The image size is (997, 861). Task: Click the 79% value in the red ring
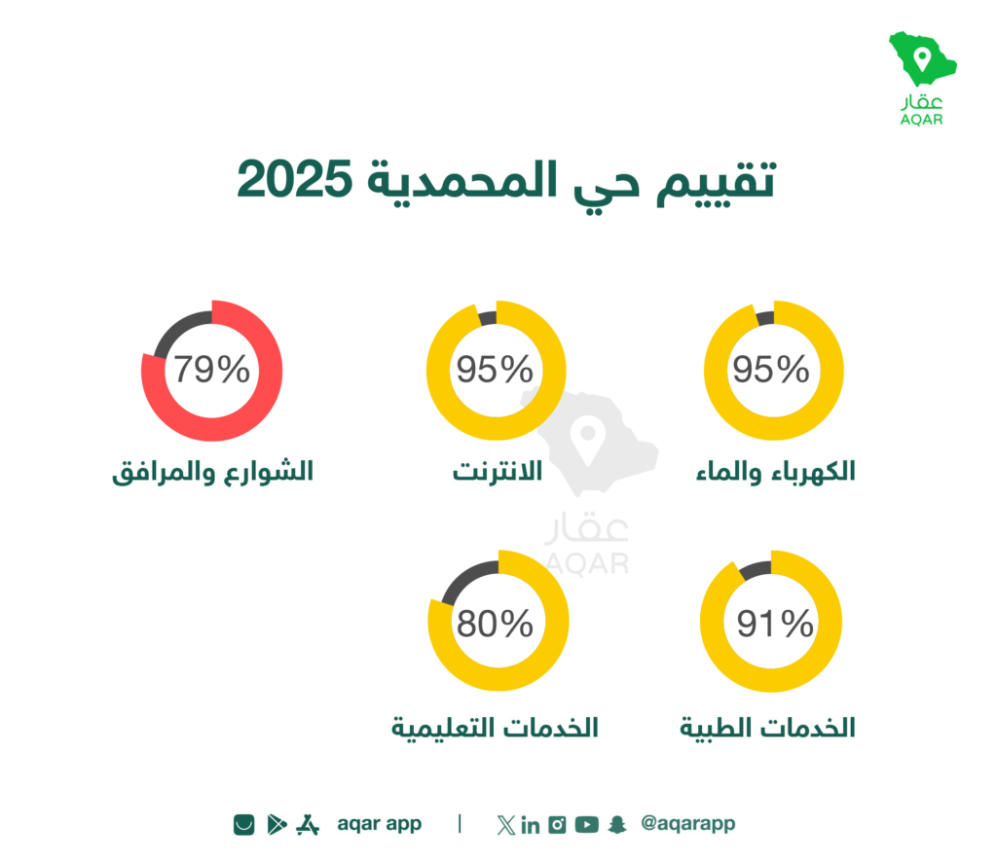211,369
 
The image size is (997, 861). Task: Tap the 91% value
774,624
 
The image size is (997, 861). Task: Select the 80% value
495,624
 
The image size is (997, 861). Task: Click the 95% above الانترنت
495,369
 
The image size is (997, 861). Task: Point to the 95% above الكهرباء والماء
771,369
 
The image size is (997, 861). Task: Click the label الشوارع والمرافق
213,472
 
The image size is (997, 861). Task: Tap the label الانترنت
498,472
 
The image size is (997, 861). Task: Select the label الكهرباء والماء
776,472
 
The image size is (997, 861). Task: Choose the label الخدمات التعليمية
495,728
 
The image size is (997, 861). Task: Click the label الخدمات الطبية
767,728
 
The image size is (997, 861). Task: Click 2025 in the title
294,179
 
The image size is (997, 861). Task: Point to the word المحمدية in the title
462,180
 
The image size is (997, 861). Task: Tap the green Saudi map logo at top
922,58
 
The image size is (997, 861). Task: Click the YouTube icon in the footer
587,824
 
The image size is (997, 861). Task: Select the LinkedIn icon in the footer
531,825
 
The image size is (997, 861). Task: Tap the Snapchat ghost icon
616,824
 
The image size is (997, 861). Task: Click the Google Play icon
277,824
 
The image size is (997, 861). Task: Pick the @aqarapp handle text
688,823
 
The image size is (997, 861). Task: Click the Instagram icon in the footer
557,824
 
